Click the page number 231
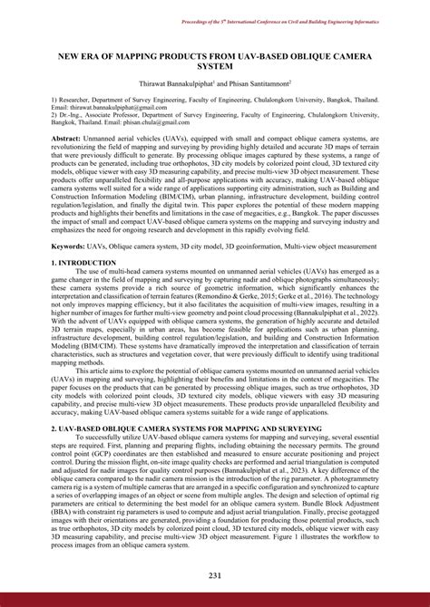[x=214, y=576]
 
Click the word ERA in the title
[x=93, y=55]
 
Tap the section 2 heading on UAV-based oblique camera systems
[x=185, y=428]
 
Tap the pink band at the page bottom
[x=214, y=600]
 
